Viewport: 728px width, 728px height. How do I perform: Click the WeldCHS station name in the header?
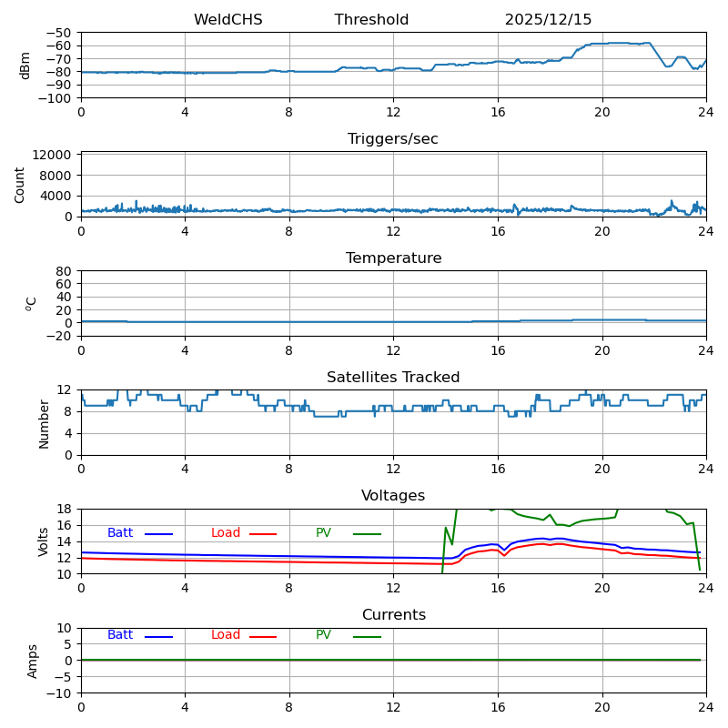[227, 20]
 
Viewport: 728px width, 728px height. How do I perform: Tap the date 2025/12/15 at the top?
[548, 20]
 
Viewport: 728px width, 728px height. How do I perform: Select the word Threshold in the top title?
[371, 20]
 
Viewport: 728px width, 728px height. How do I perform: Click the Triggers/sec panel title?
[393, 139]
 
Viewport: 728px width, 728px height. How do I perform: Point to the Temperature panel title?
[393, 258]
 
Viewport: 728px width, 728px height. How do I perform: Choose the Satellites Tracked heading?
[393, 378]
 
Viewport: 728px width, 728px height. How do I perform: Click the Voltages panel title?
[393, 496]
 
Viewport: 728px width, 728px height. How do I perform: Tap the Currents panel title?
[393, 615]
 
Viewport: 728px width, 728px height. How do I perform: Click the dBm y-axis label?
[25, 65]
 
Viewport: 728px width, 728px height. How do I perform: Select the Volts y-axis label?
[44, 541]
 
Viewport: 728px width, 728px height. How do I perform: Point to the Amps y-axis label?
[33, 661]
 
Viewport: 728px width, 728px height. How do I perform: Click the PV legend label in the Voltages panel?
[323, 533]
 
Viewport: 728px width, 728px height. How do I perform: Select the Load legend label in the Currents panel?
[226, 635]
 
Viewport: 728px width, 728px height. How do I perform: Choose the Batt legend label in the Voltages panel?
[120, 533]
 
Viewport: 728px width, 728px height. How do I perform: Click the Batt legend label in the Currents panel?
[120, 635]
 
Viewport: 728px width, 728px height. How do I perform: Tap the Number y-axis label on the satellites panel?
[44, 423]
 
